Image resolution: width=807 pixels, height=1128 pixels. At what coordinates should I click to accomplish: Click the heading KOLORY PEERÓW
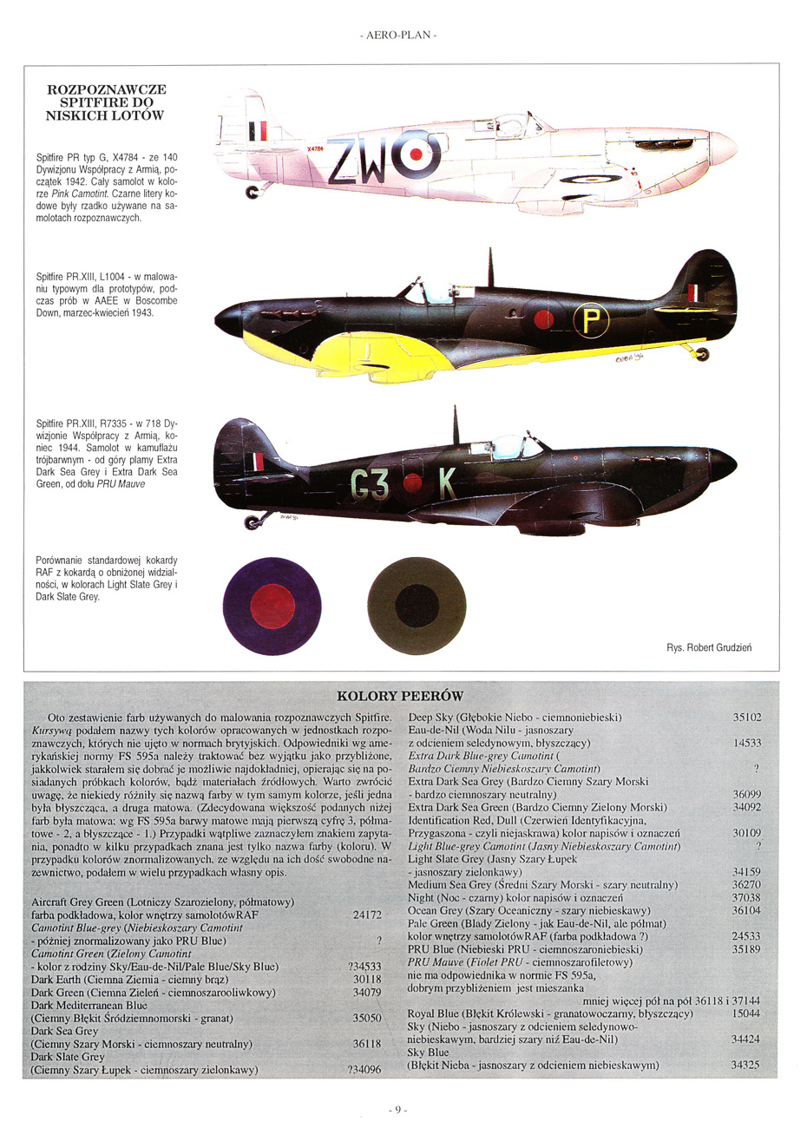pos(400,696)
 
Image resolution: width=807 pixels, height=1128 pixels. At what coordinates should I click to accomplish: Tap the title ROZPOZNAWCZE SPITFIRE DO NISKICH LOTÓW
pos(107,102)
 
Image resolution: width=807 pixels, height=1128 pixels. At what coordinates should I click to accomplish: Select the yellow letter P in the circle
pos(590,322)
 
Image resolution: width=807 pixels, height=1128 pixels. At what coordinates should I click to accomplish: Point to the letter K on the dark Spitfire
pos(448,485)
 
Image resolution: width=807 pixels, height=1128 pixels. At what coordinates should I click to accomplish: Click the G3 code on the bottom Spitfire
pos(370,485)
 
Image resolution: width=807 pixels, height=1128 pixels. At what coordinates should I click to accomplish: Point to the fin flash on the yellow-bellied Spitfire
pos(694,292)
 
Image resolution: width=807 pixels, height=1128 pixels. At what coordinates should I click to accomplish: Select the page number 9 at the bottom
pos(398,1109)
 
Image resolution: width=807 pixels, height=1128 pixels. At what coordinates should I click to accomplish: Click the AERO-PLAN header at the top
pos(398,35)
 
